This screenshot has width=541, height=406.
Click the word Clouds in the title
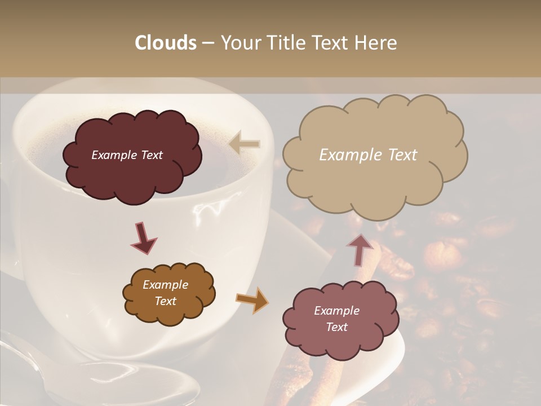click(x=165, y=43)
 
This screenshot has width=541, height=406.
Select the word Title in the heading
click(x=283, y=43)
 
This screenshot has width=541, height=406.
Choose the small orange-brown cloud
click(x=169, y=293)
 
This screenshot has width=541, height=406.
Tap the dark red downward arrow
click(x=144, y=239)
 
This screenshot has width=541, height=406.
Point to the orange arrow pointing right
click(x=252, y=299)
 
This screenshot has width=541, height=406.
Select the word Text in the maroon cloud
click(x=152, y=155)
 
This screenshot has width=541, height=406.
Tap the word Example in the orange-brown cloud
click(x=165, y=285)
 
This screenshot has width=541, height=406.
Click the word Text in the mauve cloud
click(x=336, y=327)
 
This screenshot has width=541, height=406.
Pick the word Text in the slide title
click(x=330, y=43)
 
